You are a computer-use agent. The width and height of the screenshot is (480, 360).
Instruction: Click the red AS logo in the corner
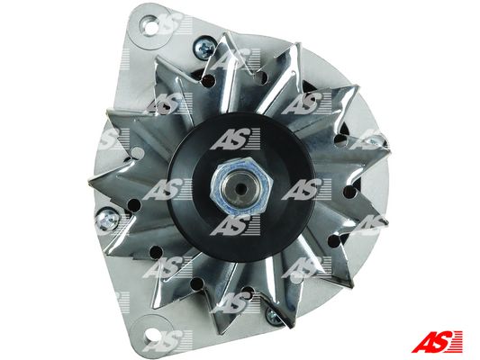[437, 342]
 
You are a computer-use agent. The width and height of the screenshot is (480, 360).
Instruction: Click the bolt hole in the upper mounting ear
[150, 27]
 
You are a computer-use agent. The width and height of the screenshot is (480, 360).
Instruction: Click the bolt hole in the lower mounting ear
[151, 336]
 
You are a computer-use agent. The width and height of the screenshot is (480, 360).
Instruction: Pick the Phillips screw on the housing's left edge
[107, 219]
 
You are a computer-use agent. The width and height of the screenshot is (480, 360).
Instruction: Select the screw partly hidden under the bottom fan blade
[274, 315]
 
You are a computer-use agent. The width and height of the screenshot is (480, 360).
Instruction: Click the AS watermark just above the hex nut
[235, 139]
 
